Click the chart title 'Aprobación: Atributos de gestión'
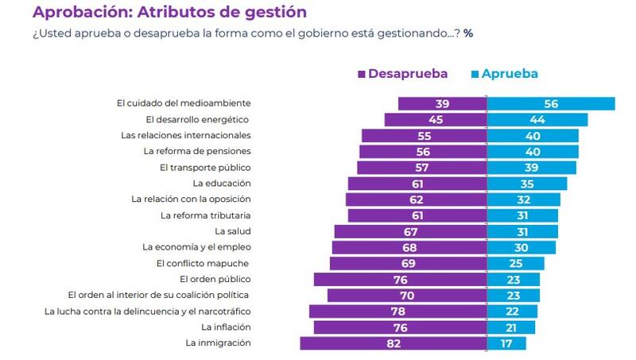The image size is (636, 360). point(169,13)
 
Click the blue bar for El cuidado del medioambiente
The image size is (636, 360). point(551,103)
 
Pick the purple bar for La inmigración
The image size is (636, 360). point(394,343)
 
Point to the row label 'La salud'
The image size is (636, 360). point(234,231)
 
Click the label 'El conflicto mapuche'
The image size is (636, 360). point(203,263)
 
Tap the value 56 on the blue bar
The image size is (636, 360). point(552,103)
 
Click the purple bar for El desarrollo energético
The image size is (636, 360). point(436,119)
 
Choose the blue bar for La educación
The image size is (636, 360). point(527,184)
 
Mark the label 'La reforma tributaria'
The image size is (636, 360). point(206,215)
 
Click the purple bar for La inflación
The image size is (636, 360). point(400,327)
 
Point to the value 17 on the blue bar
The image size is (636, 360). point(507,343)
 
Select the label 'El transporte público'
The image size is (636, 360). point(205,168)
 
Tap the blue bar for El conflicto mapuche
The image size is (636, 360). point(516,263)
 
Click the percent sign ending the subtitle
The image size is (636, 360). point(469,33)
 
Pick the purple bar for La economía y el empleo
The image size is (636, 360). point(409,247)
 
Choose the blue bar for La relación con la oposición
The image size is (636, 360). point(523,199)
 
